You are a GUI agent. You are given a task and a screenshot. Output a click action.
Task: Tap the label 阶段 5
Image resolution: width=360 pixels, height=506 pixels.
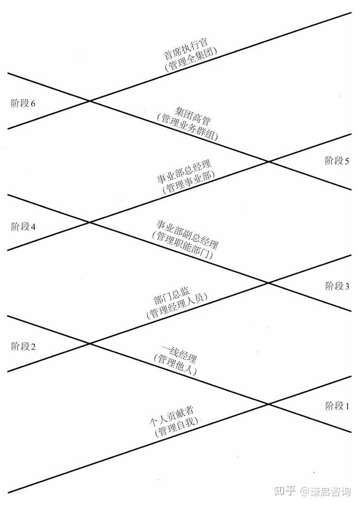click(x=337, y=160)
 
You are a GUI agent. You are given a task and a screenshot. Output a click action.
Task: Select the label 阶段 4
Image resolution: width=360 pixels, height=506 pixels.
click(x=23, y=226)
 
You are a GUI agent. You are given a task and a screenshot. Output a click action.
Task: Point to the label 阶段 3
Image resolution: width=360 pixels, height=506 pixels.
click(x=337, y=286)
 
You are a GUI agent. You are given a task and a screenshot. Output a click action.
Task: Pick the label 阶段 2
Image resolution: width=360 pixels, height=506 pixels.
click(x=23, y=347)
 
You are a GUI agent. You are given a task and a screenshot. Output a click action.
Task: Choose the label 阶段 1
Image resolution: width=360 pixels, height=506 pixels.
click(x=337, y=406)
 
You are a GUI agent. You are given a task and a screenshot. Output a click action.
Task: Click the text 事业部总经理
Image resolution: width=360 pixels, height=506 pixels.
click(x=184, y=173)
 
